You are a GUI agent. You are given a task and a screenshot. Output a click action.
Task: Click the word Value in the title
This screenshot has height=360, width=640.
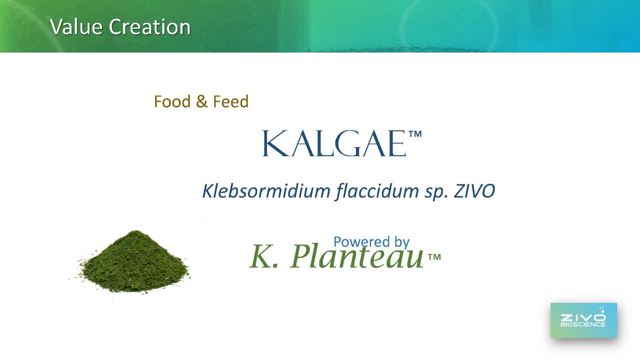(76, 27)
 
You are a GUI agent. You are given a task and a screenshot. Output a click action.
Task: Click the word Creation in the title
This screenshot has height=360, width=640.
(149, 27)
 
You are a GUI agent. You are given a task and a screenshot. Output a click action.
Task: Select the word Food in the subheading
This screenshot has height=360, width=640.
(172, 102)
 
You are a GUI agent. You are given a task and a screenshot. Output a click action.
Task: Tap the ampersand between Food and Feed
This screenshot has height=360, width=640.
(202, 102)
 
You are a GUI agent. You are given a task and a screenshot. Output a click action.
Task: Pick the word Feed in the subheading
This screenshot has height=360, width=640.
(231, 102)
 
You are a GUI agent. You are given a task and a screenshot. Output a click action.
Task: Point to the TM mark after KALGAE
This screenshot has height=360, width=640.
(415, 134)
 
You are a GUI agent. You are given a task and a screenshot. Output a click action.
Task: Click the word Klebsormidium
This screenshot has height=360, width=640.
(266, 191)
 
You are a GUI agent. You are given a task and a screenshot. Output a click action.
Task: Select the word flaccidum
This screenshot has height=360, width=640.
(377, 191)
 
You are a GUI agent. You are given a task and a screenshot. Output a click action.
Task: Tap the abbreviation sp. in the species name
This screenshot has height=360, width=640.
(436, 192)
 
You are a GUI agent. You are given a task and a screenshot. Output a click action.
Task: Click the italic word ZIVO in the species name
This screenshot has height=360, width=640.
(474, 191)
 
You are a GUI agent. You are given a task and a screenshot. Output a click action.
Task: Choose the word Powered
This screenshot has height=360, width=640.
(361, 241)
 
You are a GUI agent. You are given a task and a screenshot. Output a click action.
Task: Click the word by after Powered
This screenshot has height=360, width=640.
(402, 242)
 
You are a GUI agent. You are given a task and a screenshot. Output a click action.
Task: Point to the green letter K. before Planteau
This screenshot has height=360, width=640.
(264, 256)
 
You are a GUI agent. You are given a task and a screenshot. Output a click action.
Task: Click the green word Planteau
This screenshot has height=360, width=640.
(356, 256)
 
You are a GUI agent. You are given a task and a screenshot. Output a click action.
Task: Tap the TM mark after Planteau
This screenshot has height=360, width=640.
(434, 257)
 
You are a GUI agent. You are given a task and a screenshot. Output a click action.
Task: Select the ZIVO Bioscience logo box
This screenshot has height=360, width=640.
(584, 320)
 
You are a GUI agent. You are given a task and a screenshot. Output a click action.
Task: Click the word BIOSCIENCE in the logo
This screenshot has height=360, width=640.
(583, 324)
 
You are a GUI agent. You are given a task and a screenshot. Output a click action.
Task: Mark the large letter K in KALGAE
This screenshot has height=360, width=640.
(275, 143)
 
